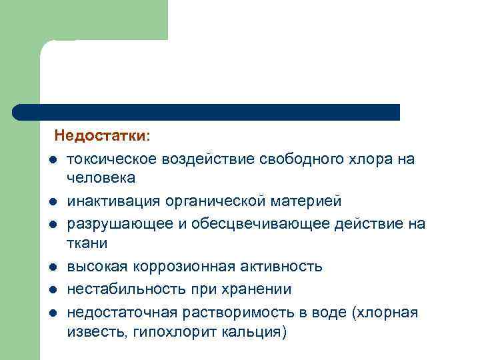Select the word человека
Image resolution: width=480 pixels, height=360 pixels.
[101, 177]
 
